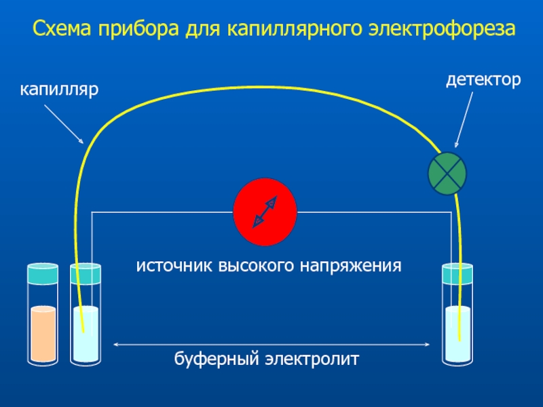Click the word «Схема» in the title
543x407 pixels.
pos(62,28)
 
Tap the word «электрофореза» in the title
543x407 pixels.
pos(442,29)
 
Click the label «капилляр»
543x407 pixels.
pos(59,90)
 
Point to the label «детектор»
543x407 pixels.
pos(483,80)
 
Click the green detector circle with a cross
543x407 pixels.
pos(447,173)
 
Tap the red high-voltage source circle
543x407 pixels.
pos(265,212)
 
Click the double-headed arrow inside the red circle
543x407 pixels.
pos(265,212)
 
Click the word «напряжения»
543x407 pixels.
pos(350,267)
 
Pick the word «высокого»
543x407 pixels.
pos(257,267)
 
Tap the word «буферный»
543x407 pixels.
pos(217,359)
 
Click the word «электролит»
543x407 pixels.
pos(312,359)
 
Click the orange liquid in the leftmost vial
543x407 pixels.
pos(43,334)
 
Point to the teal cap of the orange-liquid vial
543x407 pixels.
pos(43,273)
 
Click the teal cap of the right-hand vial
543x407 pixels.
pos(457,273)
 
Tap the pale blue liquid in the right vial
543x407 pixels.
pos(457,334)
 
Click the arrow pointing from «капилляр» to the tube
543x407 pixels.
pos(64,124)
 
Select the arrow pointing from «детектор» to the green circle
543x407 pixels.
pos(464,120)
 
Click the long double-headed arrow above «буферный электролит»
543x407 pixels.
pos(271,345)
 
